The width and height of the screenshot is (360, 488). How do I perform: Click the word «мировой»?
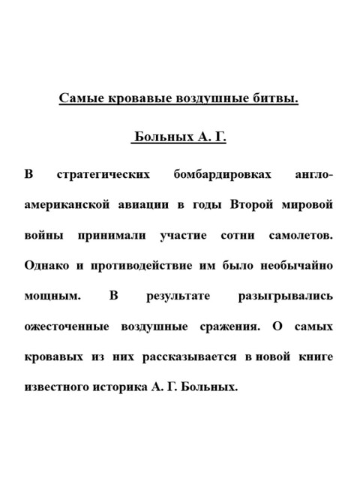[308, 204]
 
